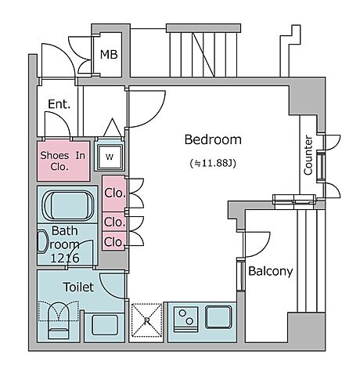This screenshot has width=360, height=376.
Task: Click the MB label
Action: pos(109,55)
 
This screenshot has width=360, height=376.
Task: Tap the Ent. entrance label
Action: pos(59,104)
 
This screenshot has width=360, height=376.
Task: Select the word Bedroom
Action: pos(213,139)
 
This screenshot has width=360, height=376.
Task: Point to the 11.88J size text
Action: pos(213,164)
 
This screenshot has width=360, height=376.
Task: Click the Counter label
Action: pos(308,155)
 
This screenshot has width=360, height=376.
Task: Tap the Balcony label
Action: pos(271,272)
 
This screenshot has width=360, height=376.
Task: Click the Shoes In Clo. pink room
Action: pos(63,161)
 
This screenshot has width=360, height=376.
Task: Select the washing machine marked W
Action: pos(110,157)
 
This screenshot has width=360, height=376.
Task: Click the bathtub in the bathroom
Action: pos(69,204)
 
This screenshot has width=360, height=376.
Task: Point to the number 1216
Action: pos(65,258)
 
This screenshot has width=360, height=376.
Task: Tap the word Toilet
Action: pos(78,287)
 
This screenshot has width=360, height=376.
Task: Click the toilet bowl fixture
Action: pos(59,320)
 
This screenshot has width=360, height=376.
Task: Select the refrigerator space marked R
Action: pos(146,320)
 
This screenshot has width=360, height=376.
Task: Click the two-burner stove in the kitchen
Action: pos(186,318)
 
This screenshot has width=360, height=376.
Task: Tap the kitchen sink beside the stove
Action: pos(218,316)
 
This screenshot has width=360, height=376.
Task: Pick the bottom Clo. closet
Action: pos(113,241)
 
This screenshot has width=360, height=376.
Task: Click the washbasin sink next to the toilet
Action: pos(105,325)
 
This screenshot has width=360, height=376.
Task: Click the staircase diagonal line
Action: pos(203,55)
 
